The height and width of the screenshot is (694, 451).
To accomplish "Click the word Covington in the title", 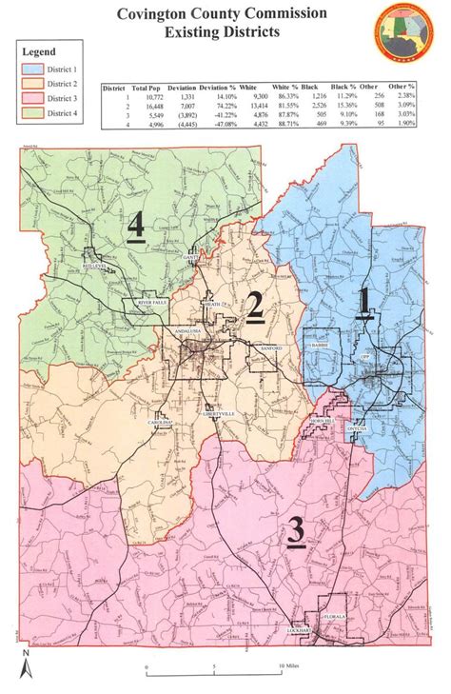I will [x=164, y=14].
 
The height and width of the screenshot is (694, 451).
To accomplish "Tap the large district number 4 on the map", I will [x=136, y=227].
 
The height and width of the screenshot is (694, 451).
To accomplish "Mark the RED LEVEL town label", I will [x=96, y=267].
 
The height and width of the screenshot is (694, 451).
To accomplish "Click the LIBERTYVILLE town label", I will [x=219, y=415].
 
